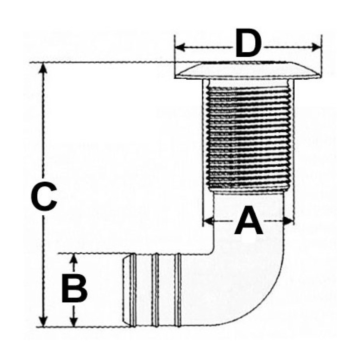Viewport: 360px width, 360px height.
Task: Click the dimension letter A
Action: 248,220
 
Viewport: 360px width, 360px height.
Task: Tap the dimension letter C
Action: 44,197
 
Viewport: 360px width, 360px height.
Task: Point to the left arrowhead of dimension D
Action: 180,47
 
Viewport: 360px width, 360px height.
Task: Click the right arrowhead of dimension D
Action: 316,47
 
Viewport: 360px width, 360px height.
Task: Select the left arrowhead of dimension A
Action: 208,221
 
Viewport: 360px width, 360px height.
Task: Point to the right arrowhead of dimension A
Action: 288,221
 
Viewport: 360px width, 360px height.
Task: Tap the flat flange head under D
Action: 248,70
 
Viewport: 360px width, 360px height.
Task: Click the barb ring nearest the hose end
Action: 133,290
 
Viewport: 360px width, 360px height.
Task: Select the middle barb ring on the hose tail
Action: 156,290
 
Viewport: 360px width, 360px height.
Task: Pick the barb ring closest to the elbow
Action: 178,290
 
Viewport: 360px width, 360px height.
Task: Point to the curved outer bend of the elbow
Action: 269,305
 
